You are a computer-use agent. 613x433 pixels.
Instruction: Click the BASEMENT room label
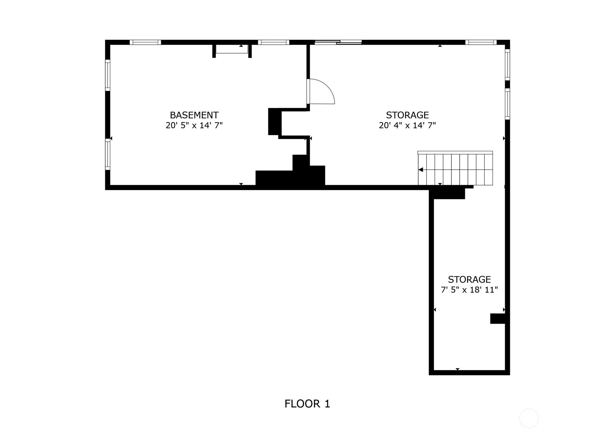coord(194,115)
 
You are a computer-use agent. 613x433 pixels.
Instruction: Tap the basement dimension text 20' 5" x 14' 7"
coord(194,125)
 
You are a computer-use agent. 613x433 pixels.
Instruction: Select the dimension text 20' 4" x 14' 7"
coord(407,125)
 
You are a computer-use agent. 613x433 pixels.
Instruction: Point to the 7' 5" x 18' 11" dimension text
coord(469,290)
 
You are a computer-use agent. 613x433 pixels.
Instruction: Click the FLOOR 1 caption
coord(307,404)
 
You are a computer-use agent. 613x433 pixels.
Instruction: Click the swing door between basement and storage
coord(320,92)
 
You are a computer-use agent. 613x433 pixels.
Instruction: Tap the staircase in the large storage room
coord(455,168)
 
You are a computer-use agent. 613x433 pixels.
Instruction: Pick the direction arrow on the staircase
coord(421,170)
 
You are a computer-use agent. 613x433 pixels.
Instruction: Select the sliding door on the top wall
coord(338,42)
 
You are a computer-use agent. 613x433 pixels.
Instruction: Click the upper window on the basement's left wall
coord(108,75)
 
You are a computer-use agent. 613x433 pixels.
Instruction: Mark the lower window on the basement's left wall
coord(108,154)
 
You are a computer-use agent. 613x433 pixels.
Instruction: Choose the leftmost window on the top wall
coord(145,42)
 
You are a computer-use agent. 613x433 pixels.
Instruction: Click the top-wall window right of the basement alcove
coord(274,42)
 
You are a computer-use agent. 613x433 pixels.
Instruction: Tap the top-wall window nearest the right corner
coord(481,42)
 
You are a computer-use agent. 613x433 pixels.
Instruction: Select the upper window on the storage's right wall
coord(507,65)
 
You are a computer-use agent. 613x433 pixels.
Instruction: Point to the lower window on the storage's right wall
coord(507,104)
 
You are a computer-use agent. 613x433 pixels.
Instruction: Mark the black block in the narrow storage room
coord(497,319)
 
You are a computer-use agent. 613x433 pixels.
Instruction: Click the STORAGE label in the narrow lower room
coord(469,279)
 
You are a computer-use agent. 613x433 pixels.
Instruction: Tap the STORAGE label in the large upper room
coord(407,115)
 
